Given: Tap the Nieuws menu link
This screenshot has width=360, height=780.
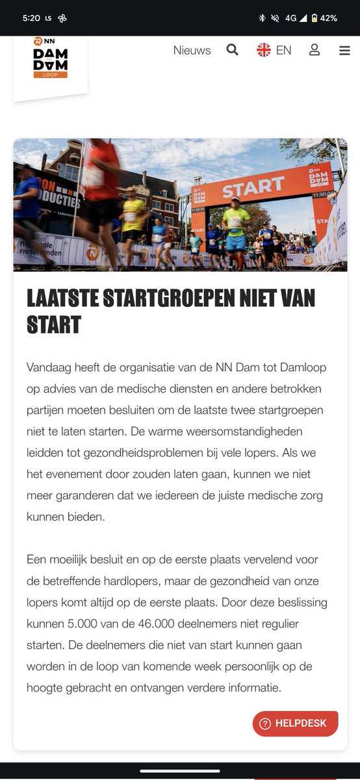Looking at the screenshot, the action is (x=192, y=51).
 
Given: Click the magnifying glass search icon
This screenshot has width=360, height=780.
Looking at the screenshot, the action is (x=232, y=50).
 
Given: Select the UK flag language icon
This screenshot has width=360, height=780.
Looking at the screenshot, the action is (x=264, y=50).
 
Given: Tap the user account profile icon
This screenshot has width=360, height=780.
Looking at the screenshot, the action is (x=315, y=50).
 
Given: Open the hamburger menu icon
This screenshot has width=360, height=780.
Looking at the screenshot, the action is (x=344, y=51).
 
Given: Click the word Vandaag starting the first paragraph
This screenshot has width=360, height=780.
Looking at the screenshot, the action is (x=50, y=367).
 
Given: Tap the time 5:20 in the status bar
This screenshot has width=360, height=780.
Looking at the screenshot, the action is (x=31, y=18).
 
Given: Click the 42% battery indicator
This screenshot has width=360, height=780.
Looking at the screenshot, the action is (x=328, y=18).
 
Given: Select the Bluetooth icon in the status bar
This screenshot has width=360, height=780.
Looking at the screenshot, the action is (x=262, y=18).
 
